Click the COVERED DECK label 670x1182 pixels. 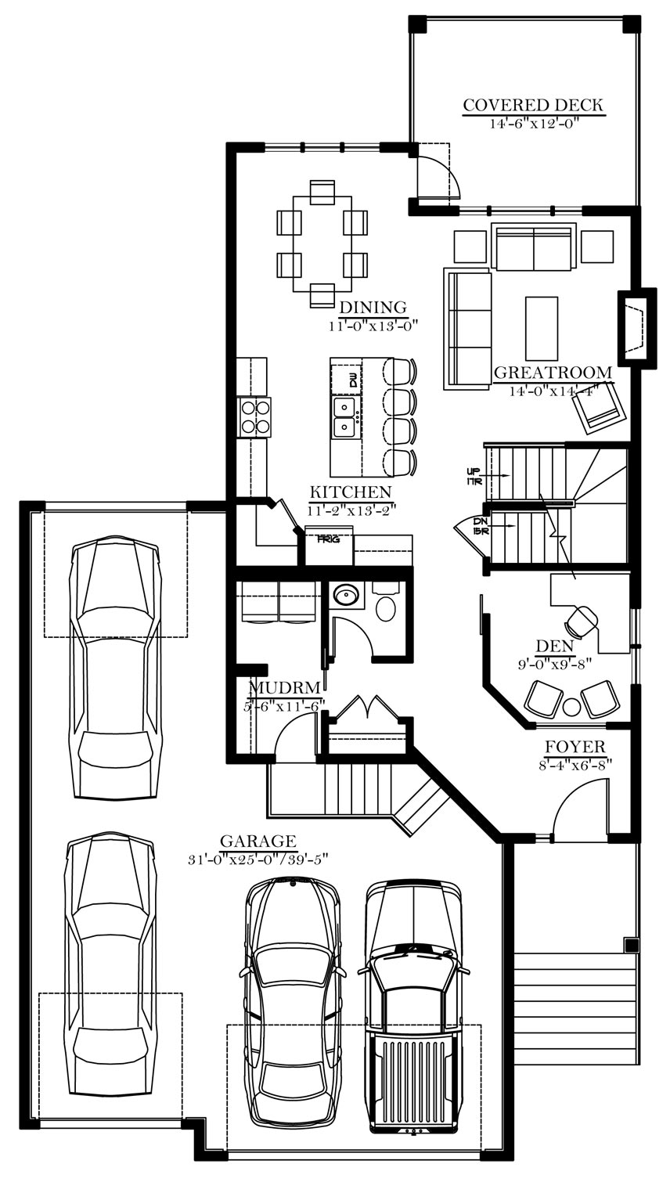coord(533,105)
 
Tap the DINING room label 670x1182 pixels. coord(373,307)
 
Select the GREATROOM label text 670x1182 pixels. coord(553,373)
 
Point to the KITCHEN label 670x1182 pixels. coord(351,492)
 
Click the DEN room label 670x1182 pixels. coord(555,645)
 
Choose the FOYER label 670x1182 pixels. coord(575,748)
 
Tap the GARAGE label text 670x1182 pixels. coord(258,841)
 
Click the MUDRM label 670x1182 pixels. coord(285,688)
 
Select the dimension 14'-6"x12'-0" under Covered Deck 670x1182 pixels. coord(533,124)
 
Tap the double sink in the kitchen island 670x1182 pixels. coord(345,417)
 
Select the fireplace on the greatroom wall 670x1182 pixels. coord(637,327)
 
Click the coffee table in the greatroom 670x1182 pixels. coord(542,328)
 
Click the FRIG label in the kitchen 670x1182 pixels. coord(328,539)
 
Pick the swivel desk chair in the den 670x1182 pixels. coord(582,621)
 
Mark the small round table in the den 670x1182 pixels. coord(571,706)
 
